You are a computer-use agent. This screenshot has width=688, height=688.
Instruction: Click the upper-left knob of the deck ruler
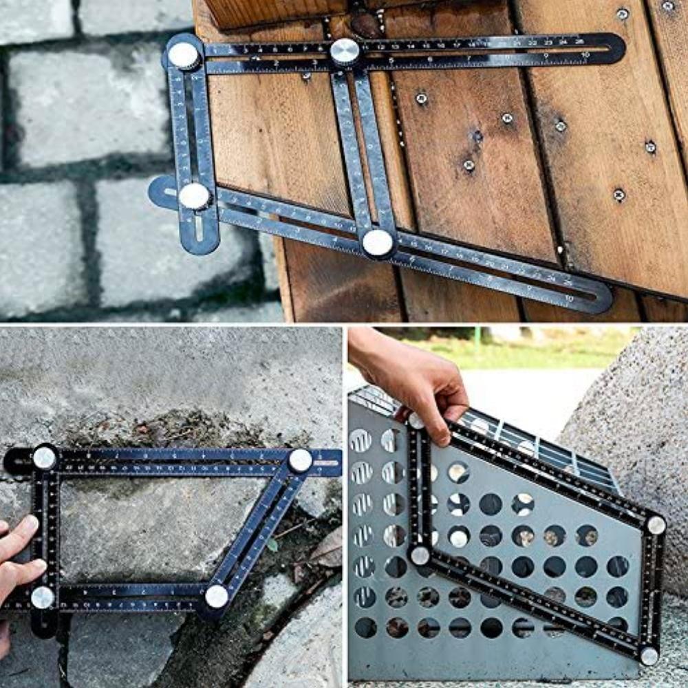coord(184,56)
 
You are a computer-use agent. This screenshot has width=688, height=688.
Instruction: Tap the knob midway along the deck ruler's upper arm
coord(345,52)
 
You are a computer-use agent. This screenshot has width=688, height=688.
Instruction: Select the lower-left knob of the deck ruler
coord(195,196)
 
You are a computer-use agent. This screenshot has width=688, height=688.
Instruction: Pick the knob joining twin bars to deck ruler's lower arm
coord(378,242)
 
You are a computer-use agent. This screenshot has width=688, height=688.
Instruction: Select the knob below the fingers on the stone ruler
coord(43,597)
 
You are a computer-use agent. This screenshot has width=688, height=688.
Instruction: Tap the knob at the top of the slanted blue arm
coord(300,460)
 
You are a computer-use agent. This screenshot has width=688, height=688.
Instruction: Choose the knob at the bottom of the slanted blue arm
coord(217,596)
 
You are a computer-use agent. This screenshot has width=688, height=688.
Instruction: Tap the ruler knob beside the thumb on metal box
coord(416,421)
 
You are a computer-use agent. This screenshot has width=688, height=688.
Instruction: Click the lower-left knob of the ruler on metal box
coord(420,555)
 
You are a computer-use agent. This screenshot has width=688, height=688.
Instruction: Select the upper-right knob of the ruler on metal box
coord(656,525)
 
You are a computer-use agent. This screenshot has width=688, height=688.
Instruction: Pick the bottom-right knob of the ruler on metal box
coord(649,655)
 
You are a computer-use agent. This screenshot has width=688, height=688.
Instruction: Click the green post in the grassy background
coord(477,336)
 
